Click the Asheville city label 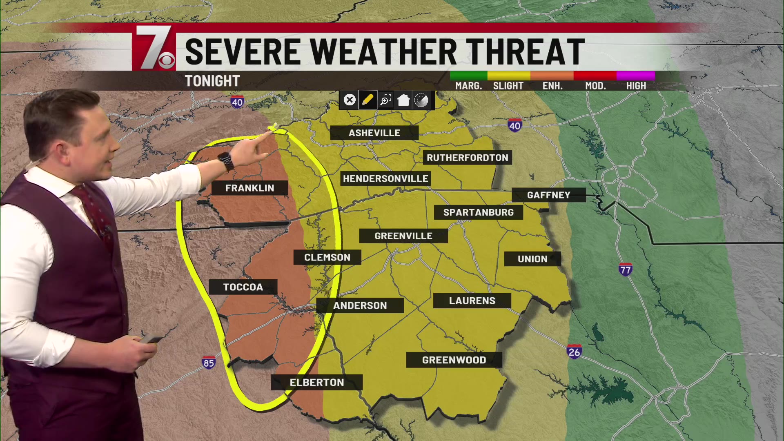tap(374, 133)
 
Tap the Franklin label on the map tap(249, 188)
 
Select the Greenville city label tap(403, 236)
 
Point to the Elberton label tap(317, 383)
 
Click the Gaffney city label tap(548, 195)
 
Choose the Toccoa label tap(243, 287)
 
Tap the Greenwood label tap(454, 360)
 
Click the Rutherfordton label tap(467, 158)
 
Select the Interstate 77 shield tap(625, 269)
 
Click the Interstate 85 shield tap(208, 363)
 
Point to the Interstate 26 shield tap(574, 352)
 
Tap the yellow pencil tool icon tap(367, 100)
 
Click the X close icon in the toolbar tap(350, 100)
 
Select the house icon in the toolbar tap(403, 100)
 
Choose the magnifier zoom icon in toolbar tap(385, 100)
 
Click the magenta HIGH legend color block tap(635, 76)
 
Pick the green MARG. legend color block tap(468, 76)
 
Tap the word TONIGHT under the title tap(212, 81)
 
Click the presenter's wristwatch tap(226, 161)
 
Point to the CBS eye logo tap(167, 61)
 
